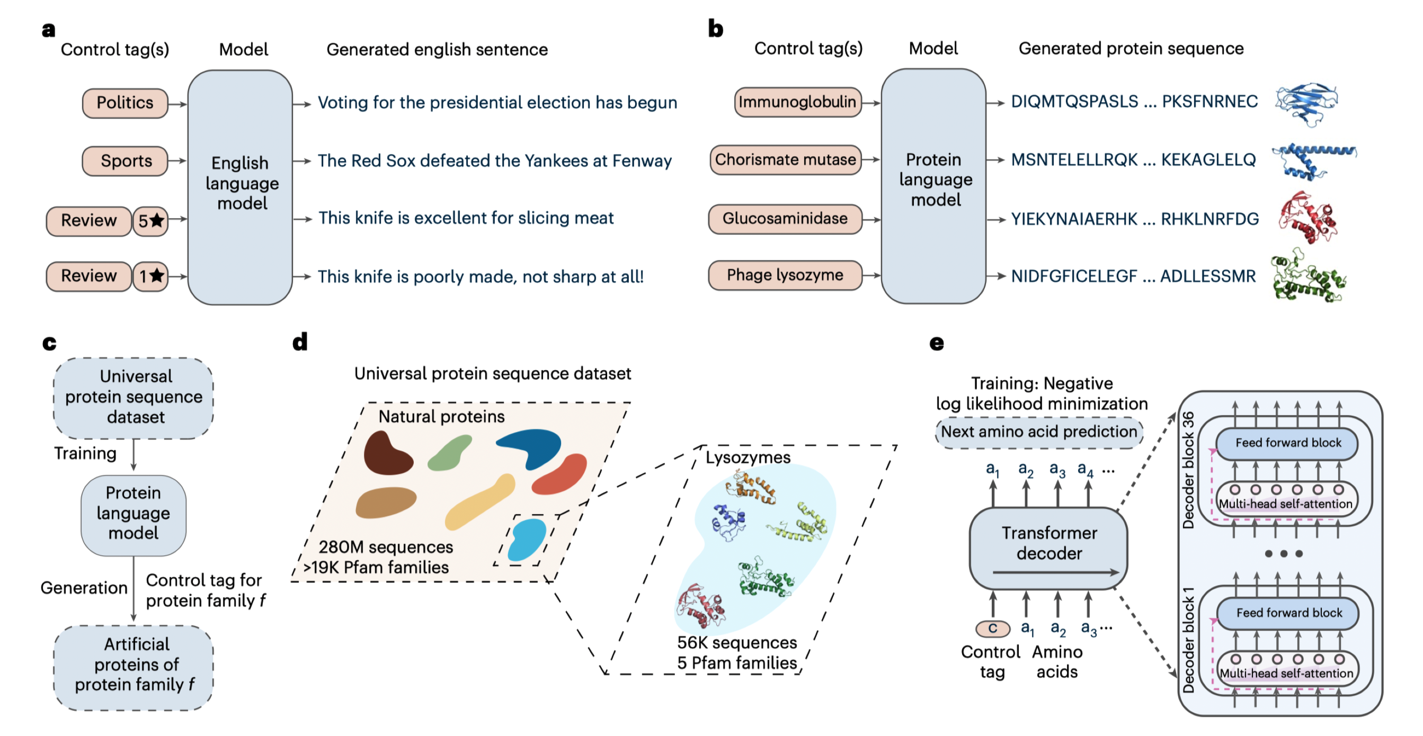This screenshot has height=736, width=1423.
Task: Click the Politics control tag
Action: click(125, 103)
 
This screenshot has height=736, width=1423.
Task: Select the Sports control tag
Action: click(125, 161)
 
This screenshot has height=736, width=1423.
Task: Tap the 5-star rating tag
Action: click(150, 221)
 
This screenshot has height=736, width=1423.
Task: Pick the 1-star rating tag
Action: click(150, 276)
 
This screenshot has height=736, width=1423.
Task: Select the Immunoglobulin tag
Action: click(797, 102)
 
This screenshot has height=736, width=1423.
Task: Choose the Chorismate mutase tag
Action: click(785, 160)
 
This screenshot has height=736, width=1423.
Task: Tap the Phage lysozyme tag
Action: click(785, 275)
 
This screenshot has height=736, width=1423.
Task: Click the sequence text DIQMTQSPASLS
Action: click(1074, 102)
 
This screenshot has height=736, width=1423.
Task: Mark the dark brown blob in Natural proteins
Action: click(387, 454)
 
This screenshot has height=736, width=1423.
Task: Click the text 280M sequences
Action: click(386, 546)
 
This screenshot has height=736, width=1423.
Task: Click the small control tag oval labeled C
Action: click(992, 629)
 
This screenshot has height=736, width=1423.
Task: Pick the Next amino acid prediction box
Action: click(1038, 432)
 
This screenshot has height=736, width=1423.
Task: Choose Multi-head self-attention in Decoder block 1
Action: click(1286, 673)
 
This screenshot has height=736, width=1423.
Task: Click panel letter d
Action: click(300, 343)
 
